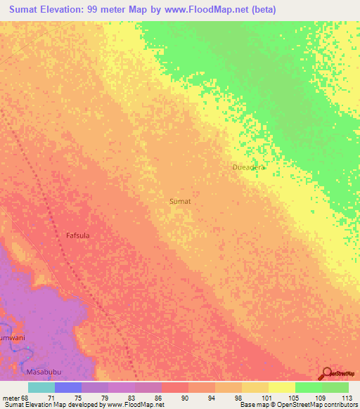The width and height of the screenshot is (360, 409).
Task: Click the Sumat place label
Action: tap(181, 201)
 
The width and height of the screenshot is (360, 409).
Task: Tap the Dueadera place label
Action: tap(249, 167)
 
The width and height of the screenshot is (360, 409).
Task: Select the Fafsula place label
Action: tap(77, 235)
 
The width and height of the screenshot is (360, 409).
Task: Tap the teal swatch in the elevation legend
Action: tap(41, 387)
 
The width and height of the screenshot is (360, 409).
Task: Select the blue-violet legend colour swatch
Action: tap(67, 387)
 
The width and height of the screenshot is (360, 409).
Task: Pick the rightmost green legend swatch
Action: tap(335, 387)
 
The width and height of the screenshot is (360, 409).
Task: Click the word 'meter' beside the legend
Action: tap(10, 397)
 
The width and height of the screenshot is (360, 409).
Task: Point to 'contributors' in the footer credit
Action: tap(340, 405)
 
